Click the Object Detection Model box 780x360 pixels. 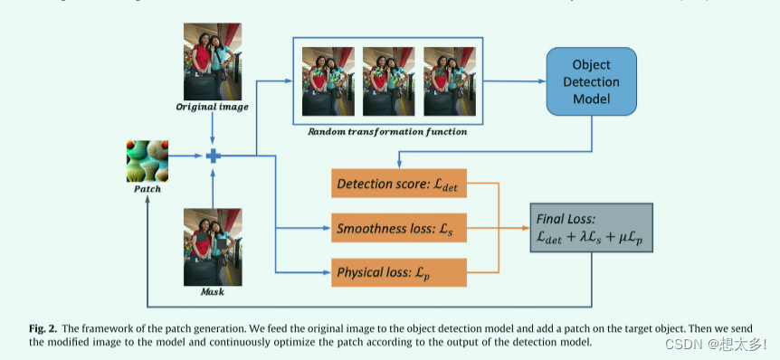(591, 81)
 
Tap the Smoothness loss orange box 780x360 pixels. (398, 229)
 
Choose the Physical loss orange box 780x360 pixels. (398, 272)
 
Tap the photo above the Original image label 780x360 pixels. (213, 61)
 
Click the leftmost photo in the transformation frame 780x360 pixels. (328, 81)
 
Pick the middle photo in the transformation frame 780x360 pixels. (389, 81)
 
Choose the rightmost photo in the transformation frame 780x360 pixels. (449, 81)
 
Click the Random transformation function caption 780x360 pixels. (387, 132)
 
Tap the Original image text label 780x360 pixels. (212, 108)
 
